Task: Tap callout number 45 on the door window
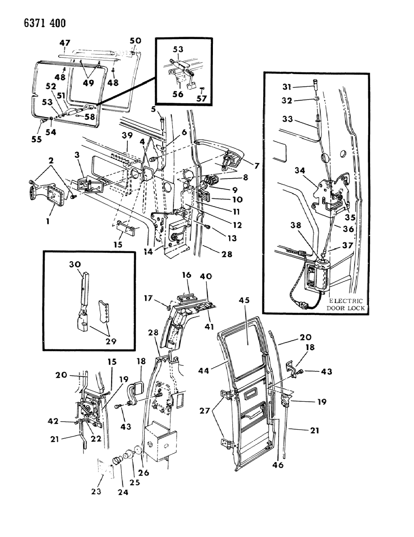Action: tap(245, 300)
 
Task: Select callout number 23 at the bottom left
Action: tap(96, 491)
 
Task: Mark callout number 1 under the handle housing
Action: tap(48, 220)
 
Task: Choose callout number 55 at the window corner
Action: tap(37, 139)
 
